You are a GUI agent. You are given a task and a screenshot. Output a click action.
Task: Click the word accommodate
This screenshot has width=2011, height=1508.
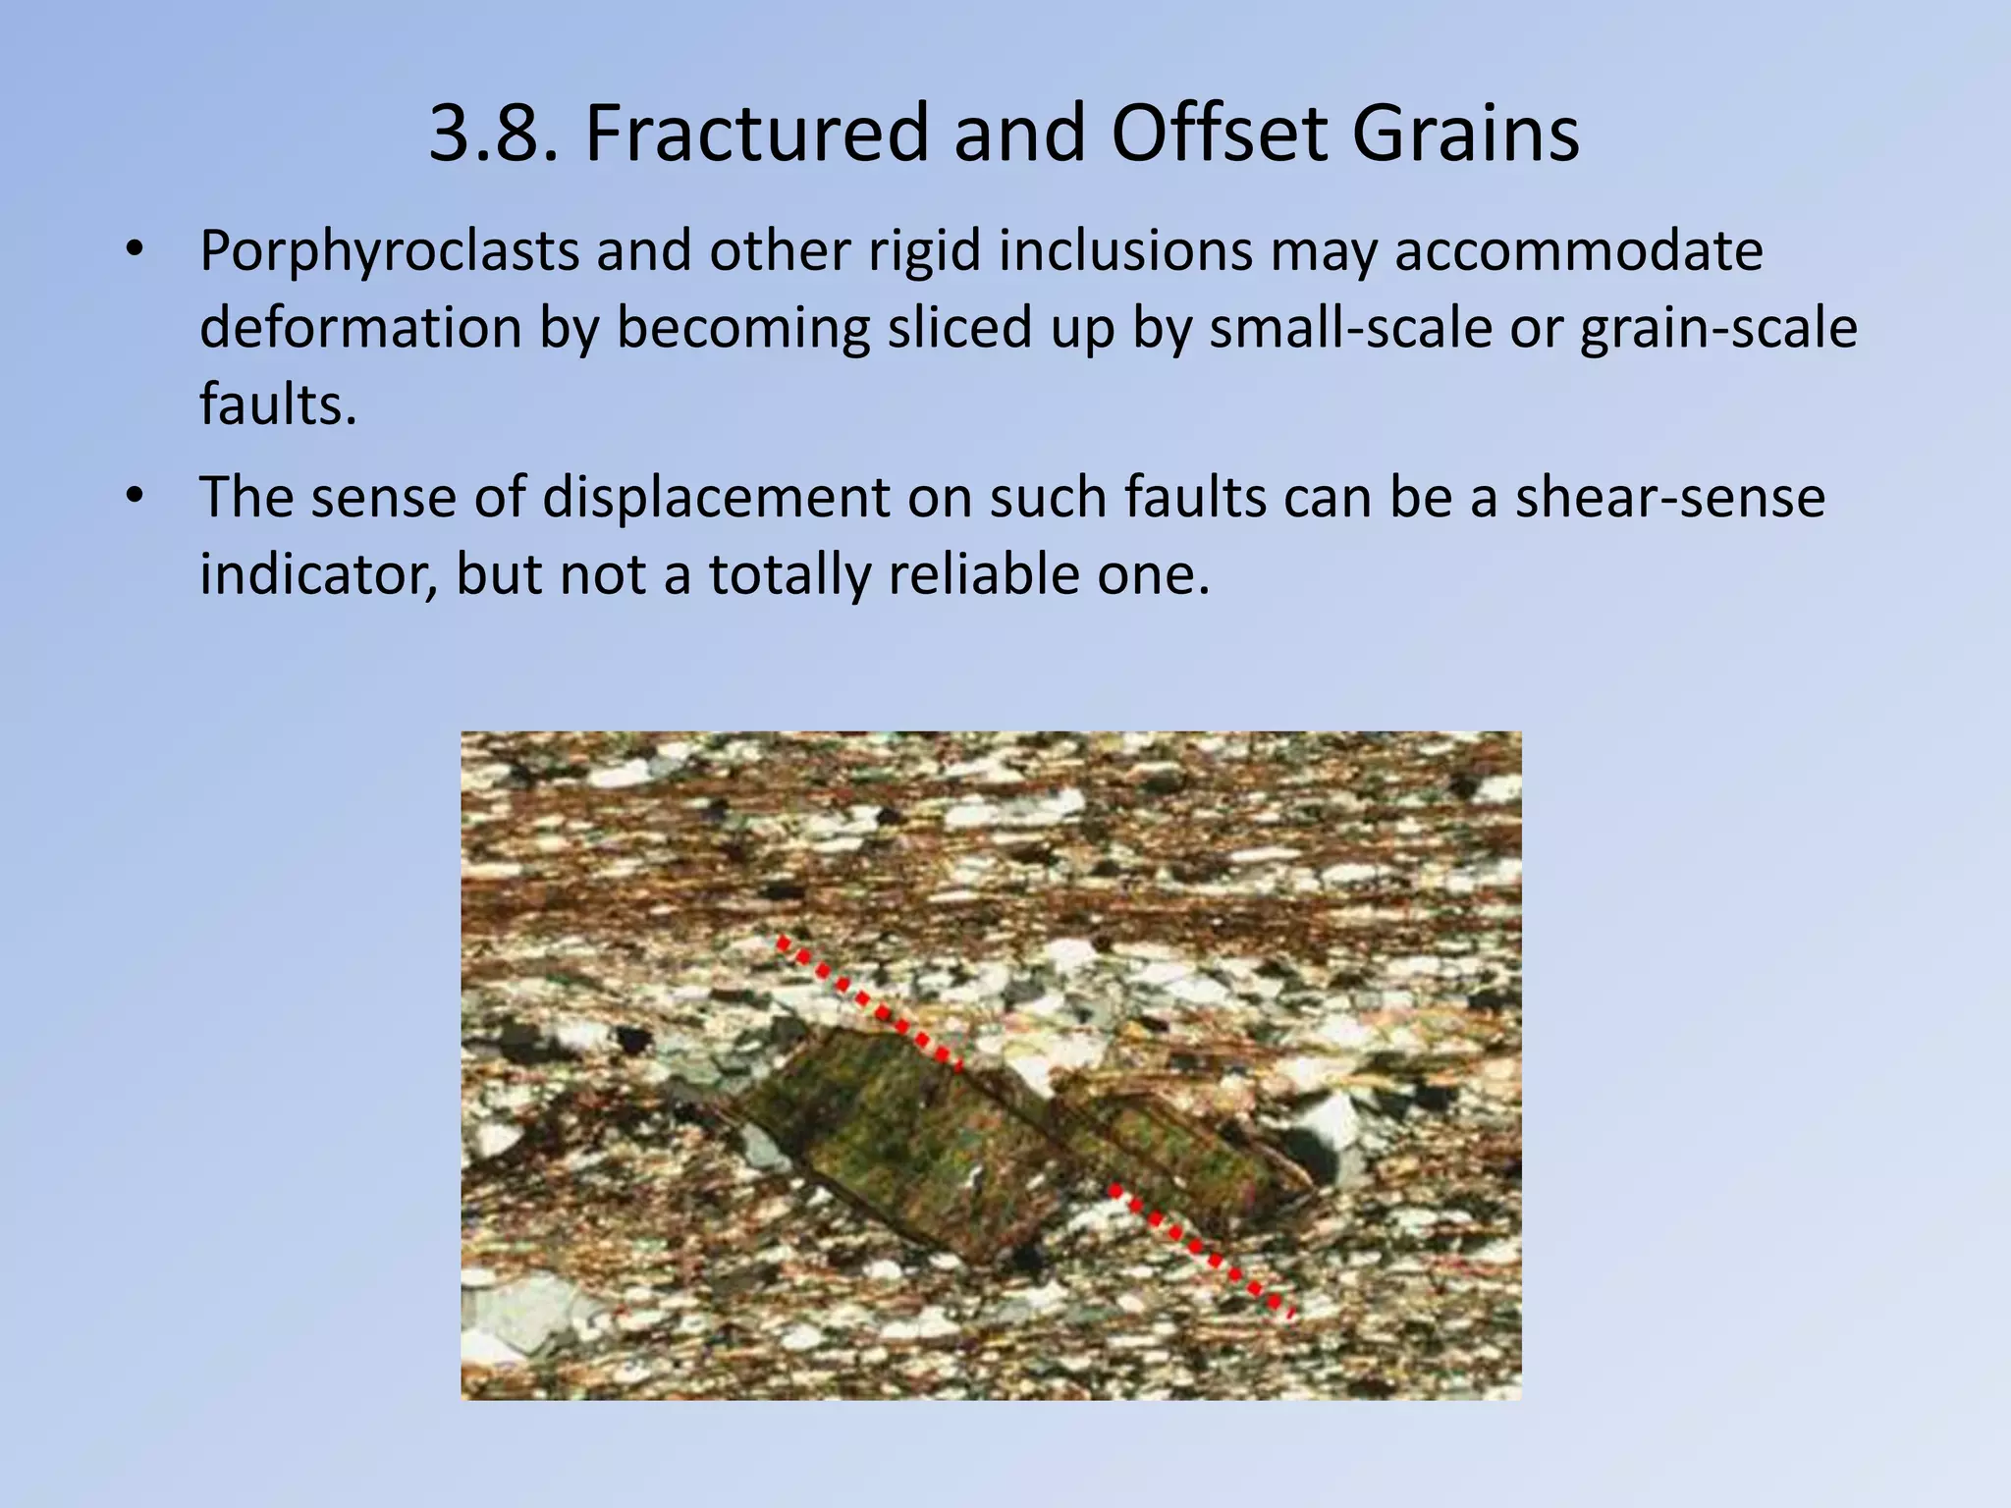pos(1578,251)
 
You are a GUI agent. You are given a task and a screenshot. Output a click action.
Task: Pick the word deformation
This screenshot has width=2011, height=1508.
pos(360,328)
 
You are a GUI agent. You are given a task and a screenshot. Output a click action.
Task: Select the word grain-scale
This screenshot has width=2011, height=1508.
pos(1719,328)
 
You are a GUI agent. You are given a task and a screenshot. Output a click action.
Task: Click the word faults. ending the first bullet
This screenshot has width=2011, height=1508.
pos(278,404)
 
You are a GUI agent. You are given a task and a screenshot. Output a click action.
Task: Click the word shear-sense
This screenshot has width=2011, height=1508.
pos(1669,498)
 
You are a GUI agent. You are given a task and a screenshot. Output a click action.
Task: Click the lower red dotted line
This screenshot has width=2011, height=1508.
pos(1201,1251)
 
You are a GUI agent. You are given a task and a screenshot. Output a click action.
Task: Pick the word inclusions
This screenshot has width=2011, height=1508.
pos(1126,251)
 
